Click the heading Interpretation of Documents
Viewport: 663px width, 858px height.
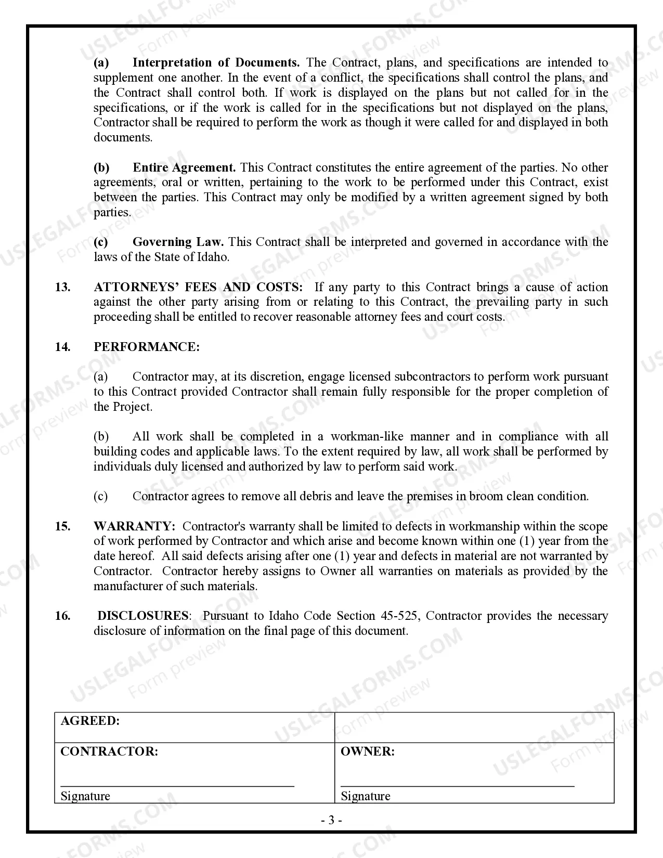point(216,63)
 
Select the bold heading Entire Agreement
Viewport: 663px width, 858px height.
point(184,167)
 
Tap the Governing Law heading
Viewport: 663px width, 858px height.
point(178,242)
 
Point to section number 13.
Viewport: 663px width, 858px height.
point(62,287)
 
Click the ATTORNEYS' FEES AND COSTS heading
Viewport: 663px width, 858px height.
point(198,287)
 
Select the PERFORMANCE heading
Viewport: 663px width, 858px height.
point(146,347)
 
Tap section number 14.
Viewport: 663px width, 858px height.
point(62,347)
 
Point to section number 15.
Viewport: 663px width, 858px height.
point(62,526)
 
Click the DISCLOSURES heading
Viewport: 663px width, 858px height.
point(143,616)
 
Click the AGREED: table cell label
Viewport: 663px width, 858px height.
point(90,721)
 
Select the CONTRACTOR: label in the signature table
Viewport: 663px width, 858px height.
point(109,751)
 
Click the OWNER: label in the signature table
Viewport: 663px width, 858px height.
point(367,751)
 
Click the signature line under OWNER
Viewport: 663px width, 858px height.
point(457,786)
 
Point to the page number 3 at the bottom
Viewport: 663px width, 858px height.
point(331,821)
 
